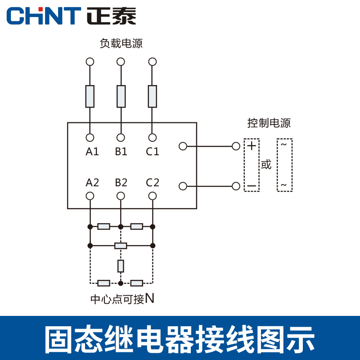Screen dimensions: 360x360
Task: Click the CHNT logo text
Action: (43, 16)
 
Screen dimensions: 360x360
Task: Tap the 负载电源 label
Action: (121, 44)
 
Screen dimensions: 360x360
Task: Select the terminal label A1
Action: (92, 152)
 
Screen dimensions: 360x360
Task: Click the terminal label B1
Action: (121, 152)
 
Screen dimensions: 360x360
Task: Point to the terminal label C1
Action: (153, 152)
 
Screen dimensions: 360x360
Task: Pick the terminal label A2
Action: (92, 183)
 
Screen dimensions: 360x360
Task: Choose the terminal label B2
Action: (121, 183)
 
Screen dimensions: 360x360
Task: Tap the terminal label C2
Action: (153, 183)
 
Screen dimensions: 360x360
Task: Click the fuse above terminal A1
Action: (90, 96)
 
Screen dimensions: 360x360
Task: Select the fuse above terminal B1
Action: (121, 96)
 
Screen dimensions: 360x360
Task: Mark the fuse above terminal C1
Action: (153, 96)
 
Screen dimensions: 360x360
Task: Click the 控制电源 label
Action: (269, 123)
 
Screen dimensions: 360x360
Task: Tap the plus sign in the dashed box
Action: (252, 146)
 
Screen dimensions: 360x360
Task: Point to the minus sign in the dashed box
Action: (252, 186)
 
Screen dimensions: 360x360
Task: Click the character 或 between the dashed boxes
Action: (266, 165)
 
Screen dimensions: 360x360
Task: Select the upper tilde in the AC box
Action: (284, 145)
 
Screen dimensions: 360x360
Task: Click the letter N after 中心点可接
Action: (150, 298)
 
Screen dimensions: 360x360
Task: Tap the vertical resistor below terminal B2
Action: (121, 266)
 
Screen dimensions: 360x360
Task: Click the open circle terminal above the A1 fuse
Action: (90, 61)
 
